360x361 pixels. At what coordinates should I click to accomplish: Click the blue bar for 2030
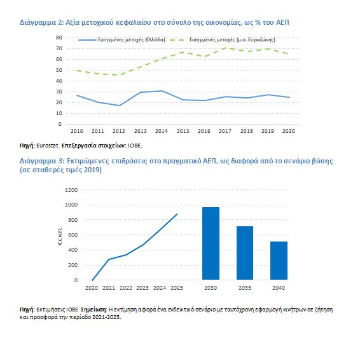[211, 243]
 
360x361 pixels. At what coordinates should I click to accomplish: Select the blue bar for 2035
[245, 253]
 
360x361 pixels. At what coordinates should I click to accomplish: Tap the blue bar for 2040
[279, 261]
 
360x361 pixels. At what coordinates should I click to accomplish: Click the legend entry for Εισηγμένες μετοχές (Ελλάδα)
[122, 39]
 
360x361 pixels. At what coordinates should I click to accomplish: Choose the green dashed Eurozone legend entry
[223, 39]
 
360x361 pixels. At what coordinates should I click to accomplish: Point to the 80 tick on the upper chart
[59, 37]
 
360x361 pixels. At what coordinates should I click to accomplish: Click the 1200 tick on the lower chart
[71, 190]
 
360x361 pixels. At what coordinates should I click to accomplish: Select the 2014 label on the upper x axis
[162, 131]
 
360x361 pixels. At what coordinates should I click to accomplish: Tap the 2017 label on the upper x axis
[225, 131]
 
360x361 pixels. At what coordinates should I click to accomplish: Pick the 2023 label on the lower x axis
[142, 288]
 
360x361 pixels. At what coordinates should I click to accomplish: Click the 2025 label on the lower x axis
[177, 288]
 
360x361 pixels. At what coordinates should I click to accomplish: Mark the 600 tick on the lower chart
[73, 235]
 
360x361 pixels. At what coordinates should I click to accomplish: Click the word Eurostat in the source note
[48, 146]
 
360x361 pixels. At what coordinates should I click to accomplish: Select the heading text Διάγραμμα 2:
[41, 23]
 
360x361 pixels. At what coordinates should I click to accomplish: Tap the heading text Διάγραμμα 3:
[42, 161]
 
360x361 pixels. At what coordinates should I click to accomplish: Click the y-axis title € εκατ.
[60, 235]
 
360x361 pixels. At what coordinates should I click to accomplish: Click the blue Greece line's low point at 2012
[119, 106]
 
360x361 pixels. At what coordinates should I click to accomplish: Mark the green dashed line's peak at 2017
[225, 48]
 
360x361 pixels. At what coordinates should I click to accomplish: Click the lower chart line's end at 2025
[177, 214]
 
